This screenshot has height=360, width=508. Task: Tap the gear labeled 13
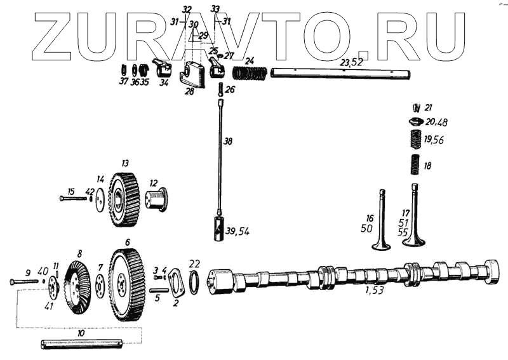124,200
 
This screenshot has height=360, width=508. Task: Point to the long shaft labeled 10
81,345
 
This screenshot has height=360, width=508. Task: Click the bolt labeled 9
22,281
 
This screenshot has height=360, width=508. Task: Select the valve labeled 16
381,222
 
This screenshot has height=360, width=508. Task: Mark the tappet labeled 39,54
220,229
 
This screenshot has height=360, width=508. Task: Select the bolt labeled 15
72,199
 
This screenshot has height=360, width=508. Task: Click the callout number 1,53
374,291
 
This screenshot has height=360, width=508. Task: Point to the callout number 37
123,81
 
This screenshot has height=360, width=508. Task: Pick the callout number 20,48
437,122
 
